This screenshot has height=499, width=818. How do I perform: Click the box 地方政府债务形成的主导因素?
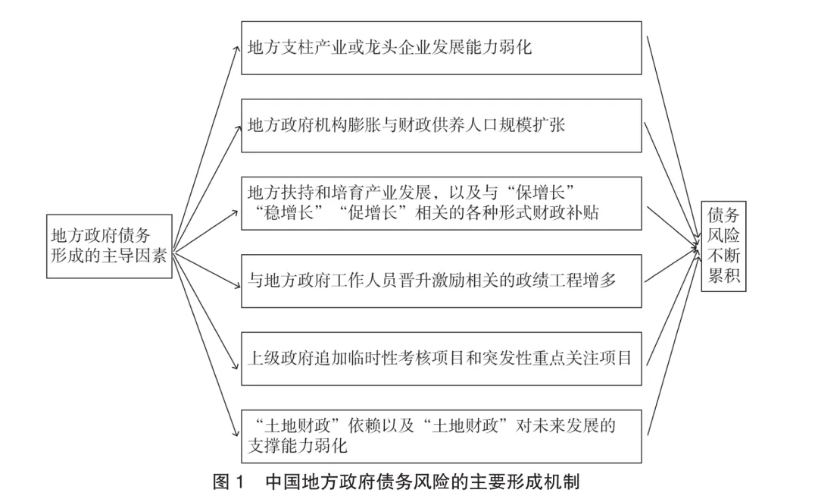(x=108, y=245)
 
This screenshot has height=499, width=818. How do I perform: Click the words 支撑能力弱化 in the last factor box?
(x=297, y=447)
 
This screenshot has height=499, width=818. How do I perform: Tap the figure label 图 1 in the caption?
(x=226, y=482)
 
